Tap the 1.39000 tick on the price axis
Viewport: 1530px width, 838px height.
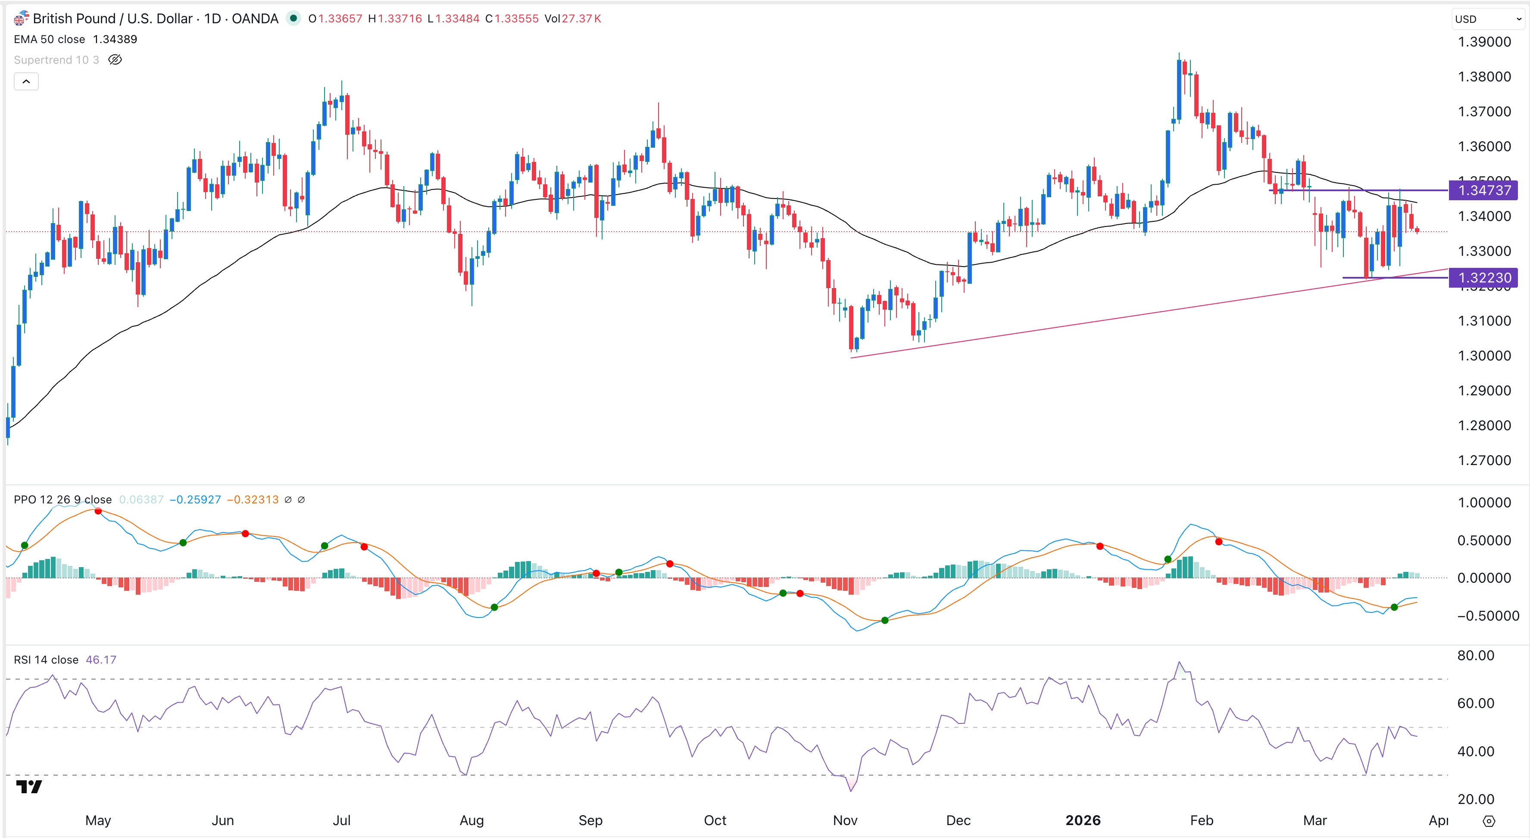1484,42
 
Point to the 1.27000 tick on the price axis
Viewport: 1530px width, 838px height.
1484,460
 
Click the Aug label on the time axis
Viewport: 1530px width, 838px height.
471,820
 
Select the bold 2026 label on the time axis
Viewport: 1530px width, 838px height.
1083,820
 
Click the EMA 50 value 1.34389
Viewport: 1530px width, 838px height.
115,39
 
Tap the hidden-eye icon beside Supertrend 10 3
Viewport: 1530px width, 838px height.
115,60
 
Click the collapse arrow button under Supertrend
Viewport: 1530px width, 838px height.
26,81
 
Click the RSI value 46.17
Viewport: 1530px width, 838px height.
101,660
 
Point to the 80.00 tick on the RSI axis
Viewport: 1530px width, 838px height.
1475,656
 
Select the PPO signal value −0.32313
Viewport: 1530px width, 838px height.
253,500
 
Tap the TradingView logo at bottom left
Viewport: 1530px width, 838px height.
28,787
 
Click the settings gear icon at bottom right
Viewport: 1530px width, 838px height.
1489,821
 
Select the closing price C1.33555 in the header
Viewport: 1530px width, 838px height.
512,19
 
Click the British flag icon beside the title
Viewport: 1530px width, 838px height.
20,19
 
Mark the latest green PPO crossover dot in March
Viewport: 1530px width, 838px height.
1394,607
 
